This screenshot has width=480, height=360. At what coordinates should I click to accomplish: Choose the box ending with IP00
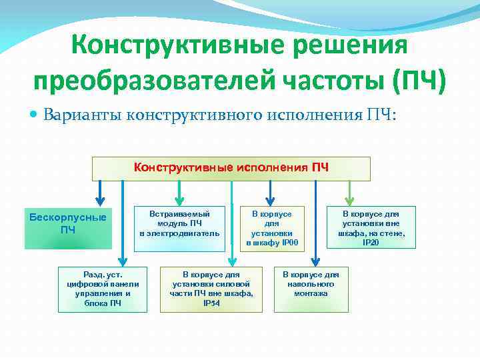271,228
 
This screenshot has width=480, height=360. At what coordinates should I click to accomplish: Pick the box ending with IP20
371,227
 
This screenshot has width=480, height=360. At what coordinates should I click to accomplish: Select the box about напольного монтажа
310,289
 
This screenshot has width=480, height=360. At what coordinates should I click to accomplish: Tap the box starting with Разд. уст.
101,289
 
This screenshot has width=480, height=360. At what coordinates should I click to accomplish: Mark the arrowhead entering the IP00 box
269,199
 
